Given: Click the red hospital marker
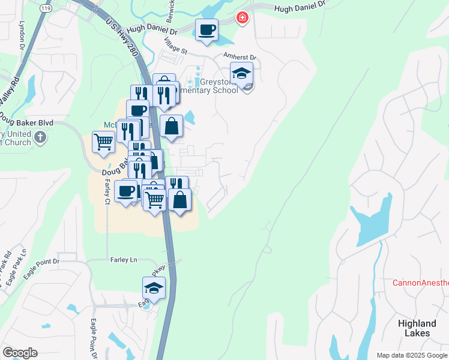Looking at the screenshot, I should pyautogui.click(x=242, y=17).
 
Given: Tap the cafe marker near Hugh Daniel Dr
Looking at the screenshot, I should pyautogui.click(x=206, y=30).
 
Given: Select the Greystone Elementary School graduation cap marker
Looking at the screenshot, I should pyautogui.click(x=241, y=74).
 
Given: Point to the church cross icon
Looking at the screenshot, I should pyautogui.click(x=40, y=137).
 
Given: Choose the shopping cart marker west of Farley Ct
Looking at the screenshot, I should pyautogui.click(x=103, y=143).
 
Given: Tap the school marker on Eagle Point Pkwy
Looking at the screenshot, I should pyautogui.click(x=154, y=289).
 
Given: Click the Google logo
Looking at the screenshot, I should pyautogui.click(x=20, y=353).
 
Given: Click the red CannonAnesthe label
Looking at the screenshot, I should pyautogui.click(x=420, y=283).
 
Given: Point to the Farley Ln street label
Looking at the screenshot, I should pyautogui.click(x=124, y=260).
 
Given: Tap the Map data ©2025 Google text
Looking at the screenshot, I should pyautogui.click(x=412, y=355).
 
